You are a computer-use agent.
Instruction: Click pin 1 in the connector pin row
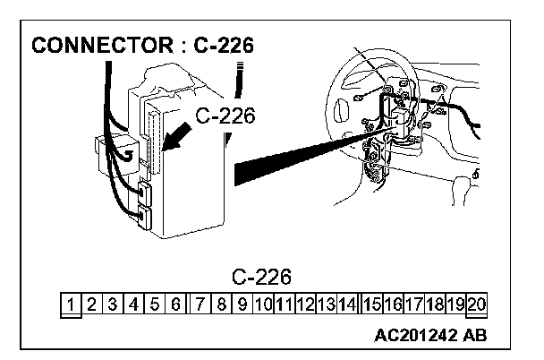tap(71, 304)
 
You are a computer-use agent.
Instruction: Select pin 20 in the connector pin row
tap(477, 304)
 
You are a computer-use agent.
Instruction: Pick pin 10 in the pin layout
tap(264, 304)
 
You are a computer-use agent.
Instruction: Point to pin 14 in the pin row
tap(348, 304)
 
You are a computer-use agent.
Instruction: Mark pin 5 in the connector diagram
tap(156, 304)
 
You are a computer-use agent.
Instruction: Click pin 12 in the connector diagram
tap(305, 304)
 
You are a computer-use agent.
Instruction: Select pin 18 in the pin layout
tap(436, 304)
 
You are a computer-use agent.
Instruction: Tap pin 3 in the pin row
tap(114, 304)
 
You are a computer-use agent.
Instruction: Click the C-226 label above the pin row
tap(261, 275)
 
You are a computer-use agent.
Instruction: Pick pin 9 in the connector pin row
tap(242, 304)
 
